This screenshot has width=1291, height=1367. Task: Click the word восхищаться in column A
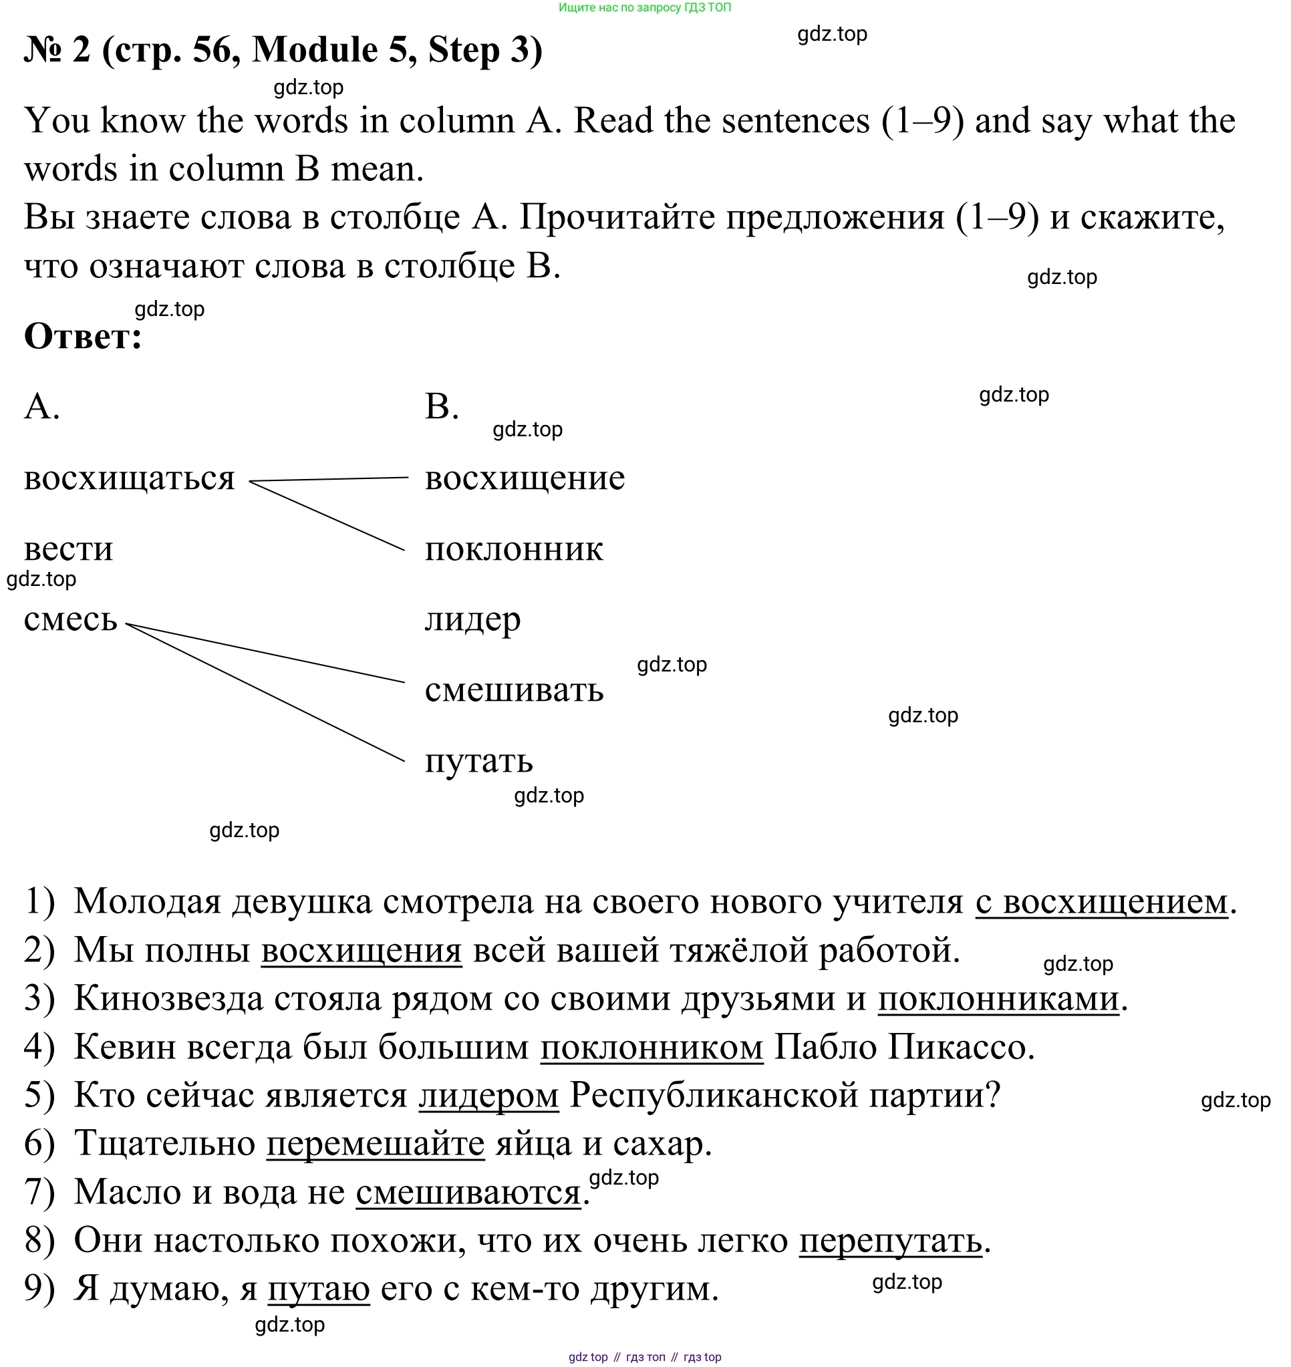click(130, 478)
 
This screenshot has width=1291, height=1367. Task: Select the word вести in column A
click(68, 549)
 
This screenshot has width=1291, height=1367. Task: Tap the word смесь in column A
click(70, 619)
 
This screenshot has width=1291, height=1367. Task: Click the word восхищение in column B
click(525, 478)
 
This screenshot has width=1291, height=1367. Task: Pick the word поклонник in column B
click(513, 549)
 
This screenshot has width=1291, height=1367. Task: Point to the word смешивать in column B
click(513, 690)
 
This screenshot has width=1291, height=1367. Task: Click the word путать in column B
click(478, 760)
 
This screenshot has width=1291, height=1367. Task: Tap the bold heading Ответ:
click(83, 337)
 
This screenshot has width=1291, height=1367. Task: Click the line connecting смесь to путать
click(265, 693)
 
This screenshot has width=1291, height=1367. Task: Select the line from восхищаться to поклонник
click(327, 516)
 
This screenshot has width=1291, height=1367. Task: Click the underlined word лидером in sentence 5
click(488, 1096)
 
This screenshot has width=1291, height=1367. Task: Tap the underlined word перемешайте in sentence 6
click(375, 1144)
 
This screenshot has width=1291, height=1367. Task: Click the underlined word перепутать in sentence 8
click(890, 1241)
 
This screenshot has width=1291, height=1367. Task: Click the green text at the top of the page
click(645, 7)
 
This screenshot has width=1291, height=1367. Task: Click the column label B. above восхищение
click(441, 406)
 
